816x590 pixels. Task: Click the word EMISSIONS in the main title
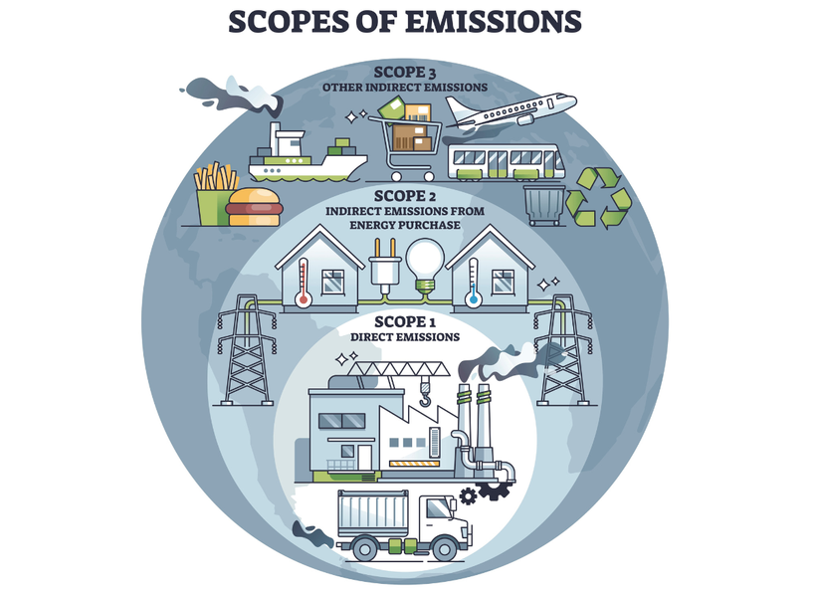pos(495,20)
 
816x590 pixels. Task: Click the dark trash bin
pos(543,205)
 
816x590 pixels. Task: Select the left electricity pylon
pos(245,353)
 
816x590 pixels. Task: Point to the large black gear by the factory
pos(490,489)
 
